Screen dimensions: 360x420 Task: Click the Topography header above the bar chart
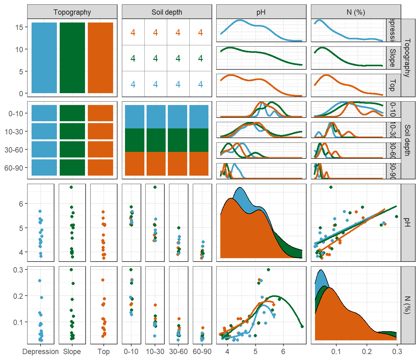[x=72, y=12]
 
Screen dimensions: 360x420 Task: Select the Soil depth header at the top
[x=167, y=12]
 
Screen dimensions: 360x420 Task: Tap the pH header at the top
[x=261, y=12]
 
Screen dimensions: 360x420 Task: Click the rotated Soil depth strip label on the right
[x=407, y=140]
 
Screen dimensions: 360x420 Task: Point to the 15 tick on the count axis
[x=19, y=27]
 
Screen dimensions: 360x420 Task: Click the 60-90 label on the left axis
[x=14, y=168]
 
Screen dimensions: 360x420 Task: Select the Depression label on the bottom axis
[x=41, y=352]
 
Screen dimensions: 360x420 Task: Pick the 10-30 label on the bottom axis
[x=155, y=352]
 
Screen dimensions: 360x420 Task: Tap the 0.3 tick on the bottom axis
[x=397, y=352]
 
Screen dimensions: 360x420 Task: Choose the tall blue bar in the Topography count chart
[x=44, y=58]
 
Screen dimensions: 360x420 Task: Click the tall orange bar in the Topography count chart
[x=100, y=58]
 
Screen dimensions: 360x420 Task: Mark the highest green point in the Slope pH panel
[x=71, y=187]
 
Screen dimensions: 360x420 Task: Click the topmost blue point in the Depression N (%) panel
[x=40, y=281]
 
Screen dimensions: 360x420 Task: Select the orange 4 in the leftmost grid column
[x=133, y=32]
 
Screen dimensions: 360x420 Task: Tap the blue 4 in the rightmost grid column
[x=200, y=84]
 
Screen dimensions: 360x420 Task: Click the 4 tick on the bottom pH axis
[x=227, y=352]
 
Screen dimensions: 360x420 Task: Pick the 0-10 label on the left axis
[x=16, y=114]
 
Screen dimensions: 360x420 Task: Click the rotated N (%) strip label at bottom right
[x=407, y=305]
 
